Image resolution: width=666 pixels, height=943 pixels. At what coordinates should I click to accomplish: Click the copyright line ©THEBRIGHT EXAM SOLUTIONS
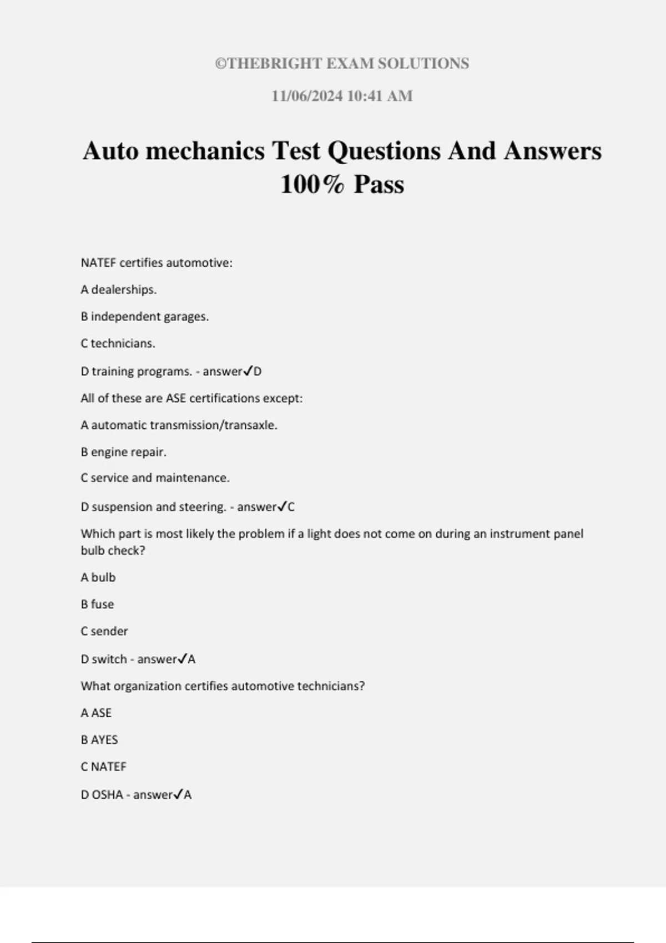click(x=342, y=64)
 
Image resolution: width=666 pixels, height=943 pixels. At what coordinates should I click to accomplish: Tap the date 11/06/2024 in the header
click(x=307, y=96)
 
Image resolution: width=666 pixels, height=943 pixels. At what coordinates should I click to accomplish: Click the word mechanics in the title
click(x=205, y=151)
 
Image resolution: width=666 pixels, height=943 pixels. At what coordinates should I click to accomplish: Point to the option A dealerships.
click(x=119, y=290)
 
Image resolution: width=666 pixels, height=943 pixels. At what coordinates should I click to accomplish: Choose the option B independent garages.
click(x=145, y=317)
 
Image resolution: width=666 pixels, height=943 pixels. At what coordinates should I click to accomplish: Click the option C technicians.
click(x=118, y=343)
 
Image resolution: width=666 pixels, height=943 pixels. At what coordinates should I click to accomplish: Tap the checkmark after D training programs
click(x=248, y=371)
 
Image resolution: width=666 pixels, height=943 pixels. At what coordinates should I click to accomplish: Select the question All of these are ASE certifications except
click(x=191, y=398)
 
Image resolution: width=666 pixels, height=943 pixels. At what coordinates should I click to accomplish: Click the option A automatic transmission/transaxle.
click(x=179, y=425)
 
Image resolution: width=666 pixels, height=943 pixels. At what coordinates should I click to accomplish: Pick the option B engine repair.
click(x=123, y=452)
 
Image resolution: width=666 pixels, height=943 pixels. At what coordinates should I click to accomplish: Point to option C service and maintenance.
click(x=155, y=478)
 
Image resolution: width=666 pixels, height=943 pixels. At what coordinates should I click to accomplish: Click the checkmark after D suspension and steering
click(x=282, y=506)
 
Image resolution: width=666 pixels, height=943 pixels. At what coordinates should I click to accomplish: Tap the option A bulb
click(x=98, y=577)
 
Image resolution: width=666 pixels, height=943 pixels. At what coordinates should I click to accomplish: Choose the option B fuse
click(x=97, y=604)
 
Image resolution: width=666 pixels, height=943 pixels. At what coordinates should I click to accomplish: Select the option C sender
click(x=104, y=631)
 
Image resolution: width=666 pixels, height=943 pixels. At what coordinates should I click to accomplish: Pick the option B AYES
click(x=99, y=740)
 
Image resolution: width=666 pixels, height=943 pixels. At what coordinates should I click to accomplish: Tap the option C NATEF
click(x=104, y=767)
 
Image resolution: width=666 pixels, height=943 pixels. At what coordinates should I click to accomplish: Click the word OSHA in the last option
click(x=107, y=795)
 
